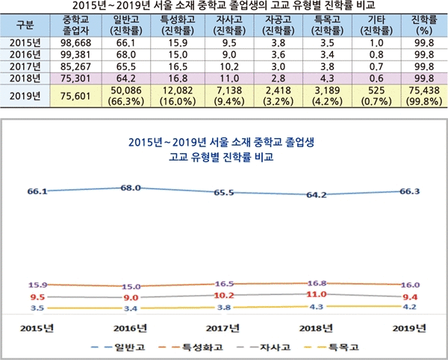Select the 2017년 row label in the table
pyautogui.click(x=22, y=67)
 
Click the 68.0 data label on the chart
pyautogui.click(x=130, y=187)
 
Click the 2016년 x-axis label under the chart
pyautogui.click(x=130, y=329)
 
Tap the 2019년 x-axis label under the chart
pyautogui.click(x=409, y=329)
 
